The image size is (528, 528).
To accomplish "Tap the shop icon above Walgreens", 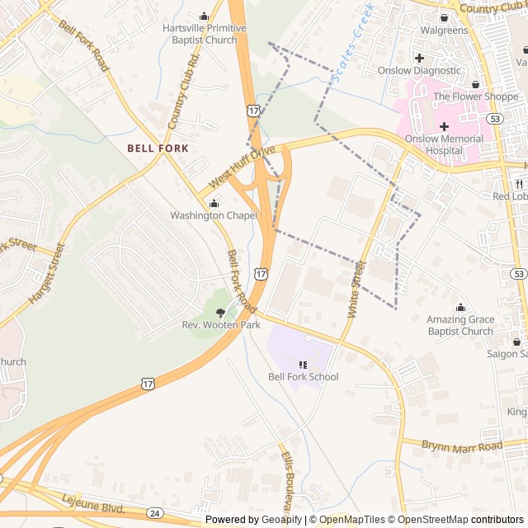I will [444, 17].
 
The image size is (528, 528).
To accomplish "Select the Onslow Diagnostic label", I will [419, 70].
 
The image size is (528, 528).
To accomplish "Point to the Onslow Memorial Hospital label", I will [444, 144].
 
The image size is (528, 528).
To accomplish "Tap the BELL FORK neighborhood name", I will [158, 148].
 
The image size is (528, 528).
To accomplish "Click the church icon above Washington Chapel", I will [214, 203].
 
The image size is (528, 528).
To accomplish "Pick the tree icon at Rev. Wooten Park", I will [220, 312].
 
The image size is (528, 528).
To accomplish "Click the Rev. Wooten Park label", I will [220, 325].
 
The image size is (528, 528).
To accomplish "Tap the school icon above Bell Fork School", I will [303, 364].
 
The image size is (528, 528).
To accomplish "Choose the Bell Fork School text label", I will [303, 377].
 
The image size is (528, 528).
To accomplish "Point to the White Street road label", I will [356, 290].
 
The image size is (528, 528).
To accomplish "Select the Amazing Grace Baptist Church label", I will [460, 325].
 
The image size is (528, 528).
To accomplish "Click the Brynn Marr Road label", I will [461, 446].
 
